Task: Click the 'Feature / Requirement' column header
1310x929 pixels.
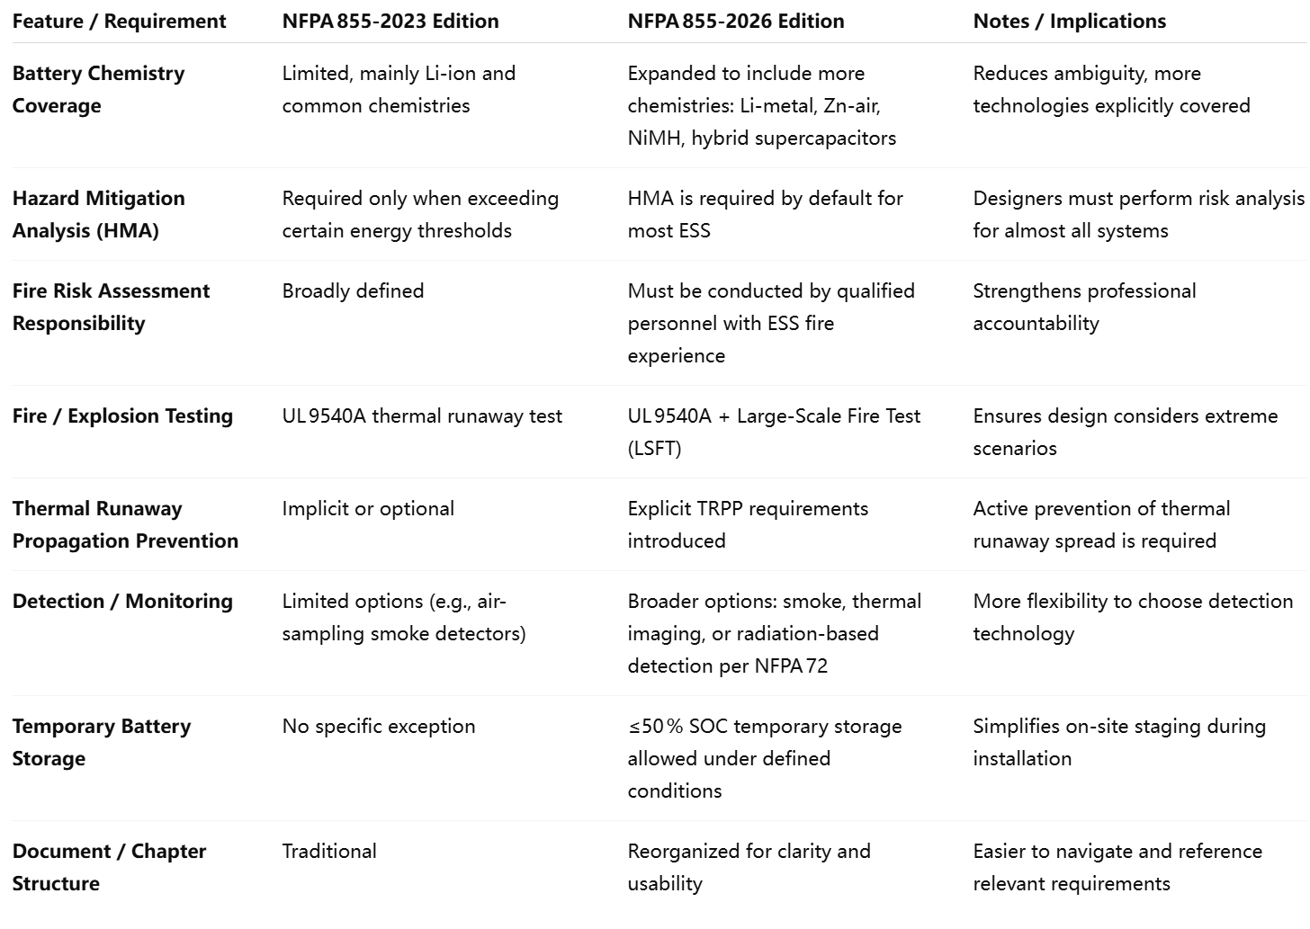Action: [x=119, y=22]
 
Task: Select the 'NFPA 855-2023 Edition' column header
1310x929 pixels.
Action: [x=390, y=22]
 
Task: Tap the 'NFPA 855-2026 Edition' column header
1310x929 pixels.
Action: [x=736, y=22]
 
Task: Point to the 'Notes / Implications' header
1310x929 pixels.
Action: [x=1069, y=22]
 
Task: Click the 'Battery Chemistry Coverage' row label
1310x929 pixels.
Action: [x=98, y=89]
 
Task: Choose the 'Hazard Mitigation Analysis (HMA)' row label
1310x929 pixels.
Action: [x=98, y=214]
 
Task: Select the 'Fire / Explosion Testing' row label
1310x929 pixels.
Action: [x=122, y=415]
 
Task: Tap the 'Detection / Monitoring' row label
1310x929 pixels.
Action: [x=122, y=601]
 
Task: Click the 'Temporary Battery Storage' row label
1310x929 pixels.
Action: [x=101, y=742]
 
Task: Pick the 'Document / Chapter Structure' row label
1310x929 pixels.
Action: [x=109, y=867]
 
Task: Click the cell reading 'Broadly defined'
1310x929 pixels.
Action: [x=353, y=290]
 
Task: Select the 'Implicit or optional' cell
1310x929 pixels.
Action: [x=368, y=508]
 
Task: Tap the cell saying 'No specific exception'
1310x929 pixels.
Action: [x=379, y=726]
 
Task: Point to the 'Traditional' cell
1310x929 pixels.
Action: [x=329, y=851]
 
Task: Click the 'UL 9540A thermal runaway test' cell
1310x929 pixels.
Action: [x=422, y=415]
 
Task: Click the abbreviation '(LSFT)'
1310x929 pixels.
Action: [x=654, y=448]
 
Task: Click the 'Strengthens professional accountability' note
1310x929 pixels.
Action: [x=1084, y=307]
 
